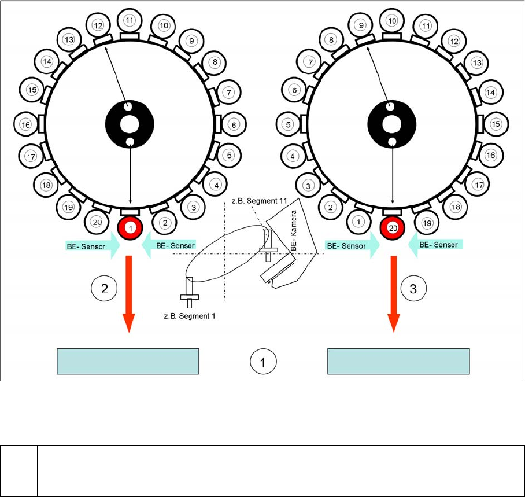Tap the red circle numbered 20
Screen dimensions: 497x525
tap(393, 229)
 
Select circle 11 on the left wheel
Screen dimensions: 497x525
tap(130, 20)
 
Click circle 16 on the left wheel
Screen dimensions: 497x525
tap(25, 124)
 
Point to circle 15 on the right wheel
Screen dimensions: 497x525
tap(496, 124)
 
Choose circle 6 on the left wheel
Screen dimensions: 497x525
tap(234, 124)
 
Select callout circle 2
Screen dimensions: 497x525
tap(104, 289)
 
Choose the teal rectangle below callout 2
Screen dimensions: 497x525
tap(128, 362)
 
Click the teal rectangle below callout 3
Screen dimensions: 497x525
tap(398, 362)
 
